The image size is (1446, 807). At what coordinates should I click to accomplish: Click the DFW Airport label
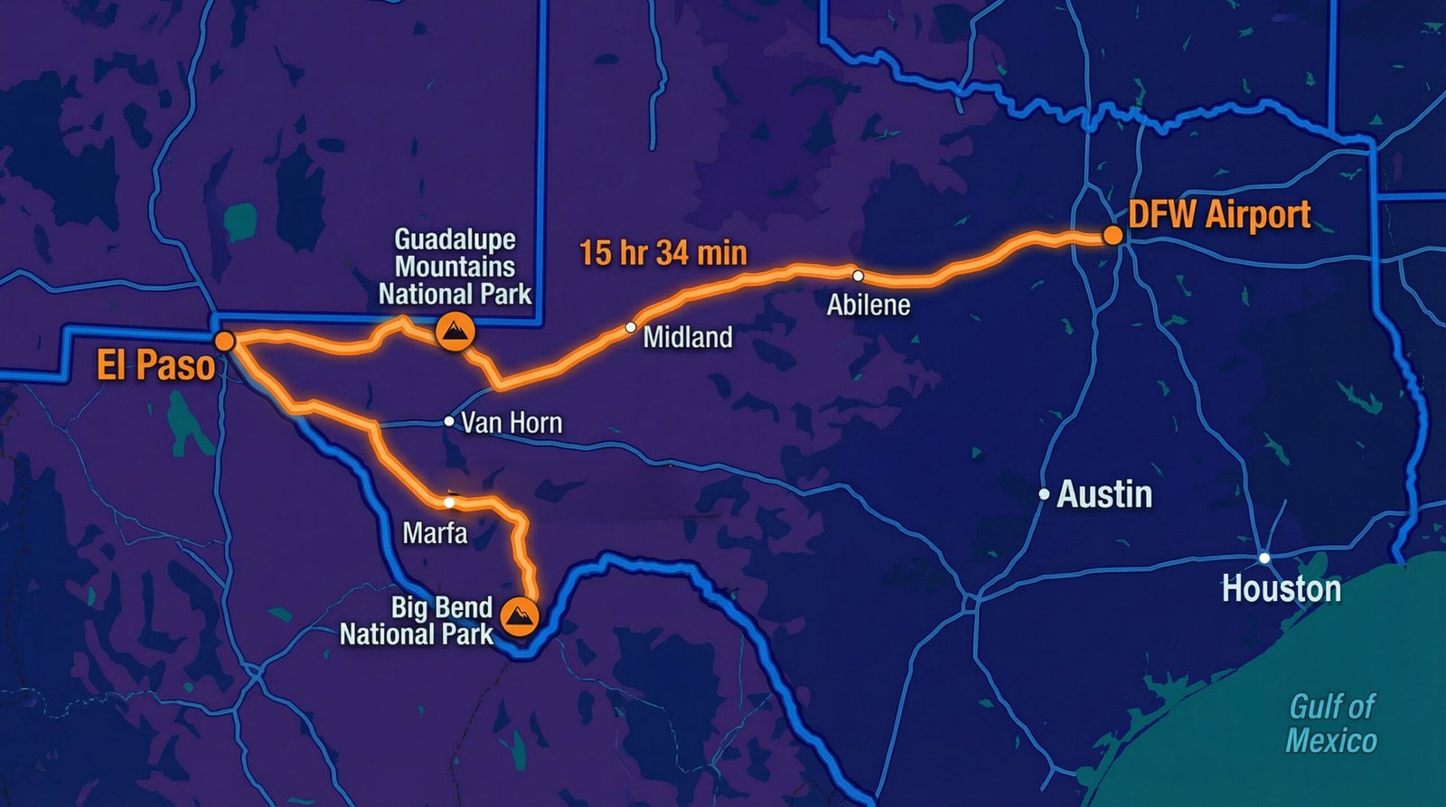tap(1219, 215)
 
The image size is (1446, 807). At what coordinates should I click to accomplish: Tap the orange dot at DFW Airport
tap(1113, 235)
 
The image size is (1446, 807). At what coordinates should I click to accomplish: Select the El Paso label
tap(155, 366)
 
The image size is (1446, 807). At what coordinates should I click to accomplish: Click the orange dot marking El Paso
tap(224, 341)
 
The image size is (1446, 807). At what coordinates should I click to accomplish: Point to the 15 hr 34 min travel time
tap(663, 253)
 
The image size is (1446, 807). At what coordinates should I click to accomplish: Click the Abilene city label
tap(868, 305)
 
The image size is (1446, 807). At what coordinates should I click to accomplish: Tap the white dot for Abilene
tap(858, 276)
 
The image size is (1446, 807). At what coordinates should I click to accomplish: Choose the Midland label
tap(687, 337)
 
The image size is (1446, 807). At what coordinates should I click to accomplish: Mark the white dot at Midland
tap(631, 327)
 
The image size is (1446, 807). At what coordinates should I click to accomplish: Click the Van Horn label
tap(511, 422)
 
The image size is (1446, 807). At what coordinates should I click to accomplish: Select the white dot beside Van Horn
tap(449, 421)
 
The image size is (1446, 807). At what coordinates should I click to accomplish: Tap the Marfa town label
tap(435, 532)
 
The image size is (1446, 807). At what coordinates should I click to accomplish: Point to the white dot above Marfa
tap(449, 502)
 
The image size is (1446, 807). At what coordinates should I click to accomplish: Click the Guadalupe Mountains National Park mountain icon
tap(455, 333)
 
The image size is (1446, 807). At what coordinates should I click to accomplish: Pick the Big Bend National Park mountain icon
tap(520, 616)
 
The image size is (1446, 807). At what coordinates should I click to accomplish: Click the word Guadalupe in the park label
tap(455, 239)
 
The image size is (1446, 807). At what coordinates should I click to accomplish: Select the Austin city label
tap(1104, 494)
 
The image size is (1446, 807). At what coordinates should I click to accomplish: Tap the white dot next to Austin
tap(1044, 494)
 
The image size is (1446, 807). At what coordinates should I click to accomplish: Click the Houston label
tap(1281, 589)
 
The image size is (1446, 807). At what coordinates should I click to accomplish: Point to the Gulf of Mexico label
tap(1331, 723)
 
